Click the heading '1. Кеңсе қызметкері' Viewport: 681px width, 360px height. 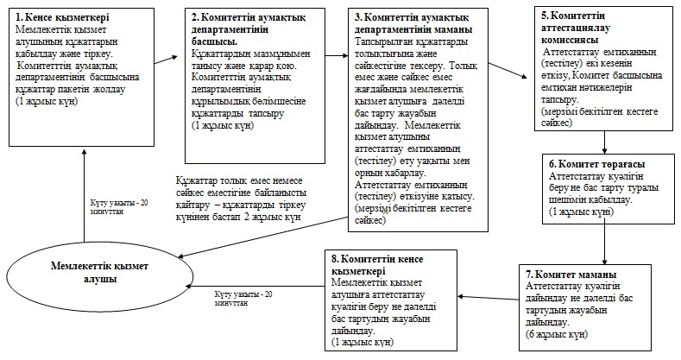(x=62, y=17)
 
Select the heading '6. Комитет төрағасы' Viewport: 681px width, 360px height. (x=597, y=165)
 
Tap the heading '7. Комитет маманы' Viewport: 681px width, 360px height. (x=571, y=275)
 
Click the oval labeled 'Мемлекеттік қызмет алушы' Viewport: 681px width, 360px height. (x=99, y=273)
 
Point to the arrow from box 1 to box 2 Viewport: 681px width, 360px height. (x=166, y=60)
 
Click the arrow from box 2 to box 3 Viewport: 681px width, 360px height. (x=337, y=55)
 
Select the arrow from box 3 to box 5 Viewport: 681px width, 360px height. (x=508, y=69)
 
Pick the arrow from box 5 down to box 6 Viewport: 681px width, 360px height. (x=604, y=142)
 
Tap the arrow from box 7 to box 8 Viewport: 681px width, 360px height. (x=488, y=298)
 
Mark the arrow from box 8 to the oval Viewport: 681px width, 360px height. (x=255, y=286)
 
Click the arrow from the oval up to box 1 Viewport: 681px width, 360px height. (x=85, y=194)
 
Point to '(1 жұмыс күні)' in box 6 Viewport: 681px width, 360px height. (x=581, y=212)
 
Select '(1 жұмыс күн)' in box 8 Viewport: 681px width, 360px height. (x=363, y=342)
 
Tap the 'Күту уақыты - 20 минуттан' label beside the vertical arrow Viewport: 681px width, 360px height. (x=119, y=206)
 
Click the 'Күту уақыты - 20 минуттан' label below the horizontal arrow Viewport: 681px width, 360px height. (x=243, y=299)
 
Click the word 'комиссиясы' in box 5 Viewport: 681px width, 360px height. (x=570, y=40)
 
